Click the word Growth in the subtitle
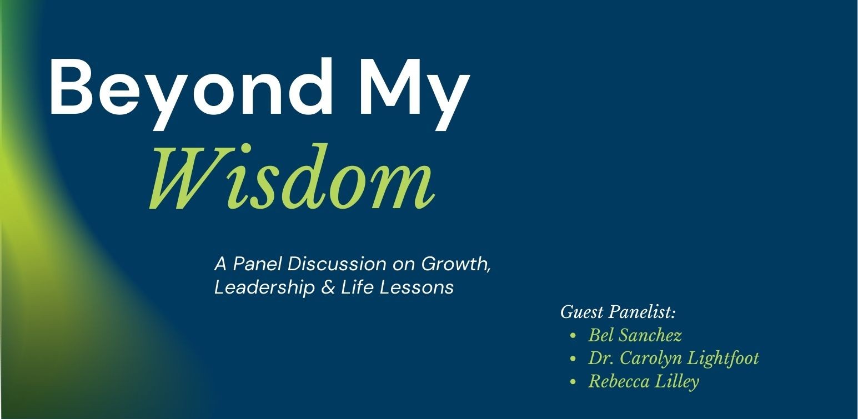click(455, 264)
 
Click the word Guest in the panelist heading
click(581, 312)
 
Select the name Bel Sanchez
click(635, 336)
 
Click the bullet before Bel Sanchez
click(573, 336)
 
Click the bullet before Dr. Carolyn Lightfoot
click(573, 359)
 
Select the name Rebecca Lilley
click(643, 382)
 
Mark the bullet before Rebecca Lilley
click(573, 382)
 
